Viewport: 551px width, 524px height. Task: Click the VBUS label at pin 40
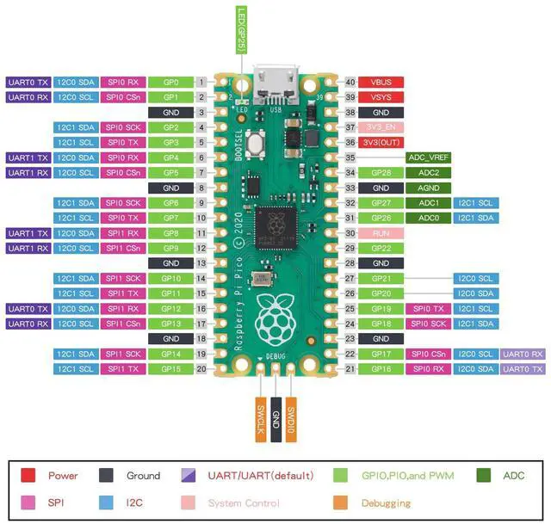(381, 83)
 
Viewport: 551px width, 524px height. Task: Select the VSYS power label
(381, 97)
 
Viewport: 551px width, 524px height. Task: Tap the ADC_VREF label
(428, 157)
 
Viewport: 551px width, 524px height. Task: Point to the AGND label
(428, 188)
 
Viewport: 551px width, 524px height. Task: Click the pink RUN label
(381, 233)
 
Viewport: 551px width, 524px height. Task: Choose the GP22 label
(381, 248)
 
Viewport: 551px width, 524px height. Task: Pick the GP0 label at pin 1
(170, 83)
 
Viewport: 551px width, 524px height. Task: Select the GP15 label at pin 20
(170, 368)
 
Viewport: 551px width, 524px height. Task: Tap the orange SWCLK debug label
(261, 419)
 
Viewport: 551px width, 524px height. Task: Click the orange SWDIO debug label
(291, 419)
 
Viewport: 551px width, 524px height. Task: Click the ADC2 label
(428, 173)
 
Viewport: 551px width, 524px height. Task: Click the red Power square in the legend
(28, 475)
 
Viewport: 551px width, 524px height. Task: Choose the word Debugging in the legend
(387, 502)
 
